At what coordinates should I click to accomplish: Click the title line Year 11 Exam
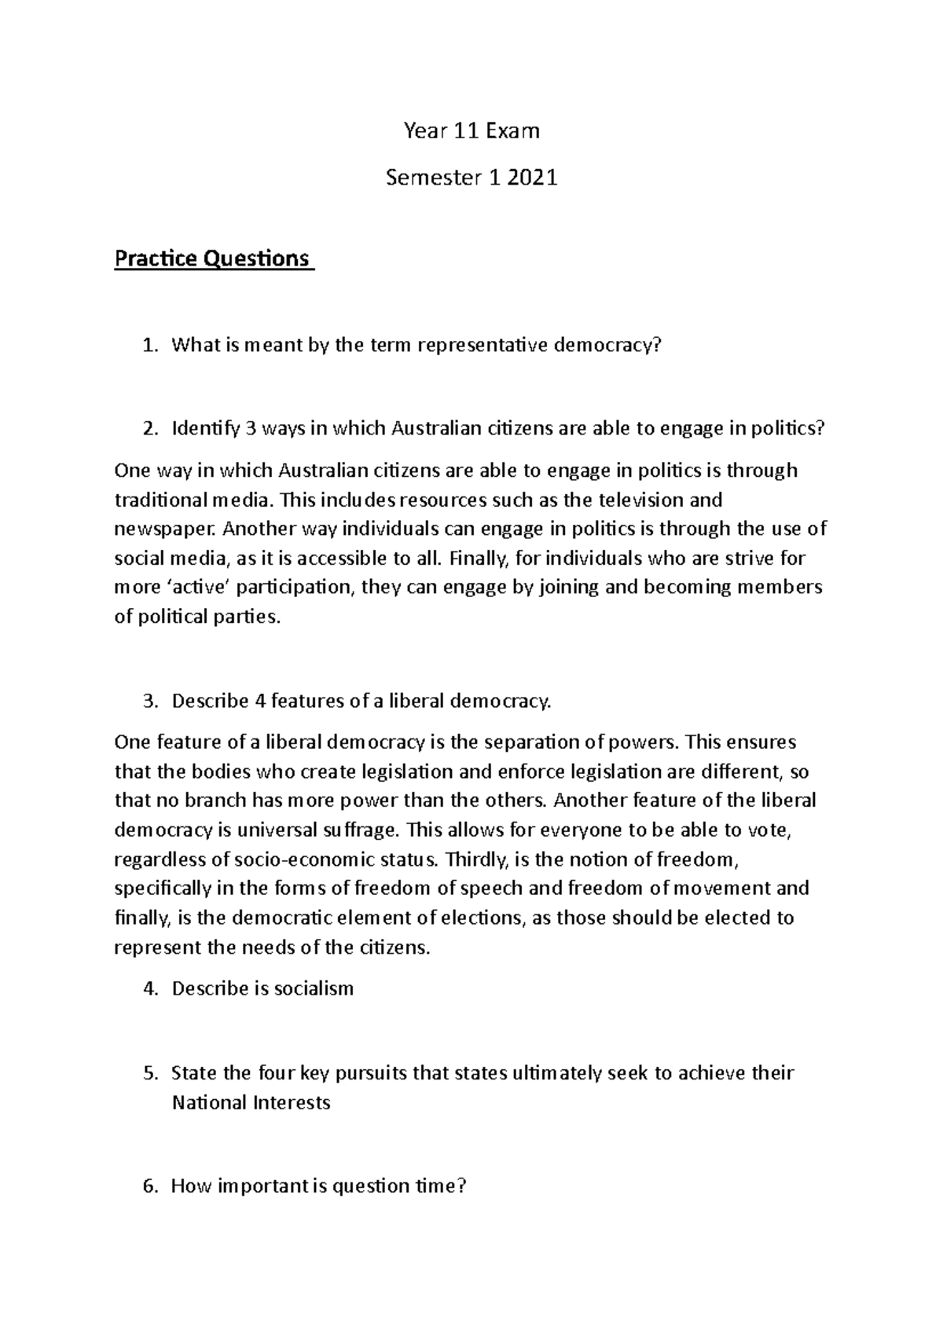(472, 130)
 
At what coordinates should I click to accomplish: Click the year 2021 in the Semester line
(532, 178)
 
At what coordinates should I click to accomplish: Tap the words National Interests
(251, 1102)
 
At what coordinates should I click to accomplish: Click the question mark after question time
(462, 1186)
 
